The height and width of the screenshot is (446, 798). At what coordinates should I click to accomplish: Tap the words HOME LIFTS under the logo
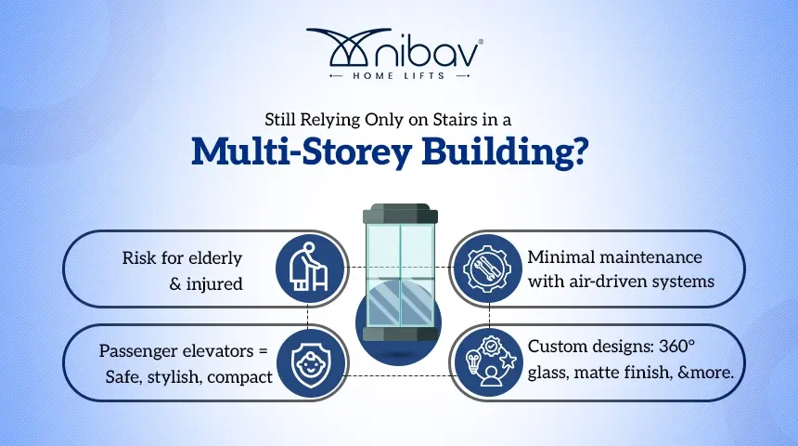399,76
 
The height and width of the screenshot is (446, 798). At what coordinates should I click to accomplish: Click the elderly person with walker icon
309,268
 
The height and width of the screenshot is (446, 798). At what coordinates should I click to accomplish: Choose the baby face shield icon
311,363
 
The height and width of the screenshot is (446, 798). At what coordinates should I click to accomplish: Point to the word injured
214,283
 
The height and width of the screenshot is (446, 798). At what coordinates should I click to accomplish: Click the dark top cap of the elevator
400,213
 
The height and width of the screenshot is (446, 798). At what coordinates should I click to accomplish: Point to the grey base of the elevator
400,334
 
